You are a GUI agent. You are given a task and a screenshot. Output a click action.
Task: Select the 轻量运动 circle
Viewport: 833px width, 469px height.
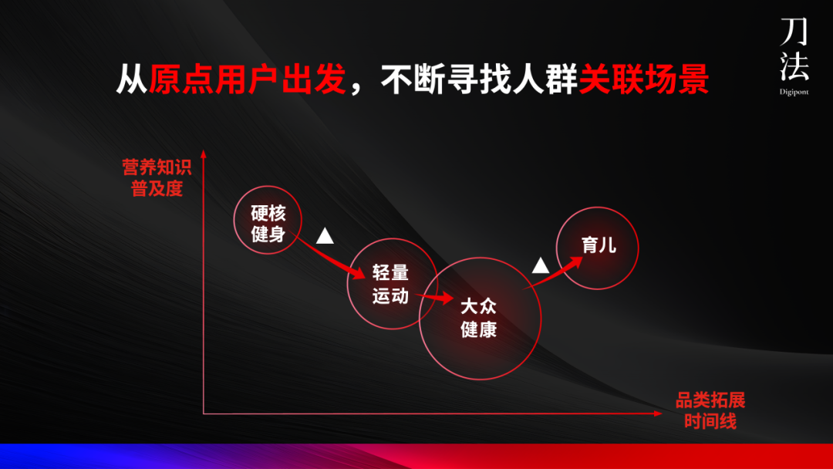point(391,283)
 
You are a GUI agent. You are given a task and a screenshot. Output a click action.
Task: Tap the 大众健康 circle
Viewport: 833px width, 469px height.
point(480,318)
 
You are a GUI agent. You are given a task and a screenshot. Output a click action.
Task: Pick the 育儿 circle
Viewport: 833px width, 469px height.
point(598,246)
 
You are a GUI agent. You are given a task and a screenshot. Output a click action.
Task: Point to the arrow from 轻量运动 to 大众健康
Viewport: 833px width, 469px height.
point(435,296)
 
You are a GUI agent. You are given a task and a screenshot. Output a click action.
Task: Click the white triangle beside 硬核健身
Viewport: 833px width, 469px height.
point(325,236)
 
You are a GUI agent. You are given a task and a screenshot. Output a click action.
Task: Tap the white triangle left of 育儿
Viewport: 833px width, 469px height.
point(541,266)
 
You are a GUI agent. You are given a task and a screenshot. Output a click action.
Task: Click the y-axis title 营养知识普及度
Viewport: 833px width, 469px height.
point(157,178)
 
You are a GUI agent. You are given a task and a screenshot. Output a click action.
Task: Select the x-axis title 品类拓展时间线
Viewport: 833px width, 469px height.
point(710,411)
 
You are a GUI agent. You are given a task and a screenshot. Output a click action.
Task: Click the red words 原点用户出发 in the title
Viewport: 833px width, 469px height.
point(247,80)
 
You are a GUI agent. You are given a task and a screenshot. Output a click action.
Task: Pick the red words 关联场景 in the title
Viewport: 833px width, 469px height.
point(643,80)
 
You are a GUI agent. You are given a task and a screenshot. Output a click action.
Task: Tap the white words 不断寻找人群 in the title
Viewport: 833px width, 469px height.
point(479,80)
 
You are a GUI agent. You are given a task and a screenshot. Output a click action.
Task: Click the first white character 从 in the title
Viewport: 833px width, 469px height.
point(132,80)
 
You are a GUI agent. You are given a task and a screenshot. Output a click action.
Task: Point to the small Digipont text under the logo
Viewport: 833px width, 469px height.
point(794,91)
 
